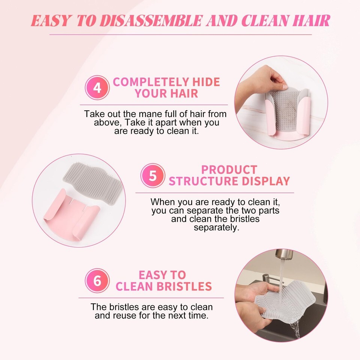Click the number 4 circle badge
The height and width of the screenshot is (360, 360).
coord(97,87)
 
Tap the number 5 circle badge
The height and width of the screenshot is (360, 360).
coord(153,175)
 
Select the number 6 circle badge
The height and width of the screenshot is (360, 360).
coord(97,280)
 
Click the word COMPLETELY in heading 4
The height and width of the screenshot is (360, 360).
coord(151,82)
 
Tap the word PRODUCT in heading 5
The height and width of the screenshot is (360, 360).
coord(229,170)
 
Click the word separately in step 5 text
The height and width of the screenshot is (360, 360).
coord(216,228)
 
